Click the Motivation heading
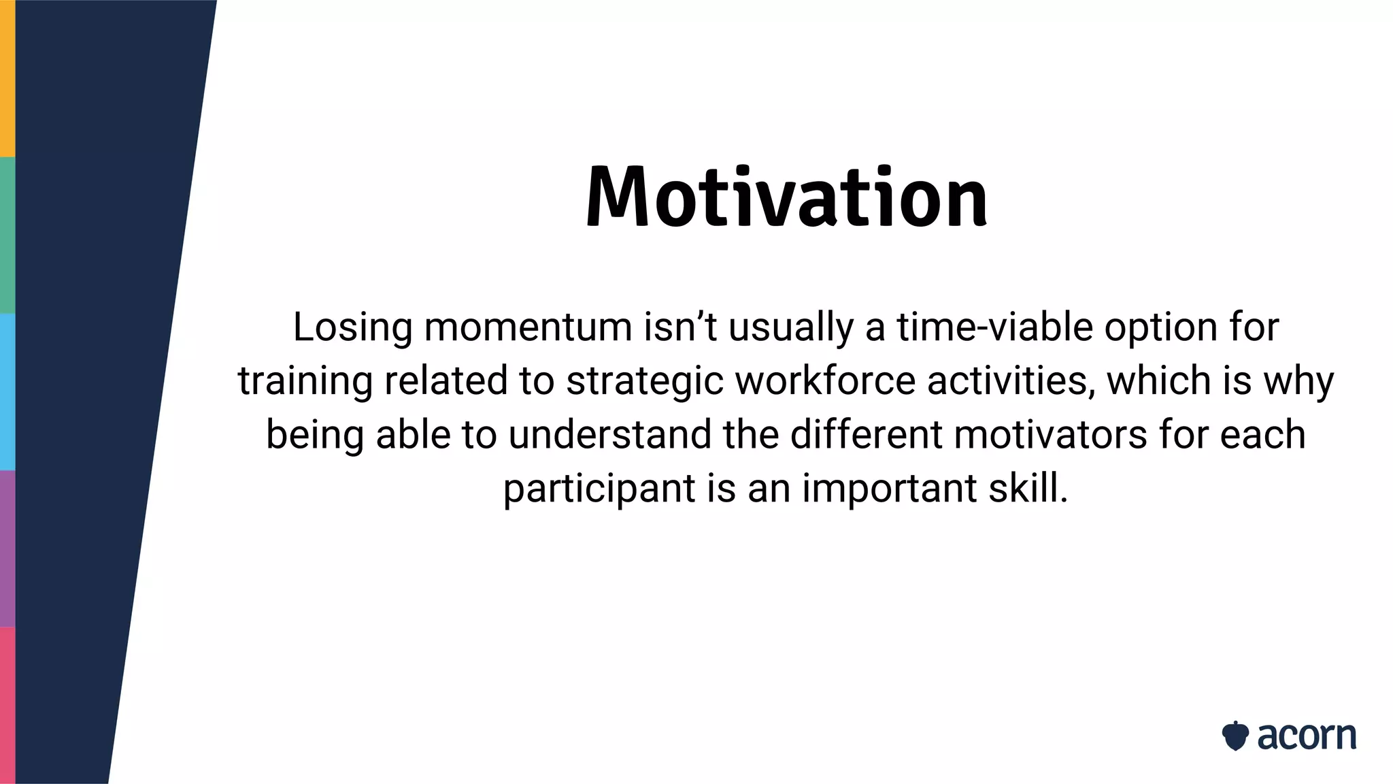tap(786, 197)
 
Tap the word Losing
tap(352, 327)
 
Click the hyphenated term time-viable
tap(994, 327)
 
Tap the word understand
tap(609, 434)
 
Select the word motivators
tap(1051, 434)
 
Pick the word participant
tap(599, 489)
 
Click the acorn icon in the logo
tap(1235, 736)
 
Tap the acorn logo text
tap(1306, 736)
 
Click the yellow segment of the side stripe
tap(7, 78)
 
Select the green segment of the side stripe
tap(7, 235)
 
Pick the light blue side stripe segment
tap(7, 391)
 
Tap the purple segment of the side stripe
tap(7, 548)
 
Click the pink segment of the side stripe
tap(7, 705)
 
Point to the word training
tap(305, 381)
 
